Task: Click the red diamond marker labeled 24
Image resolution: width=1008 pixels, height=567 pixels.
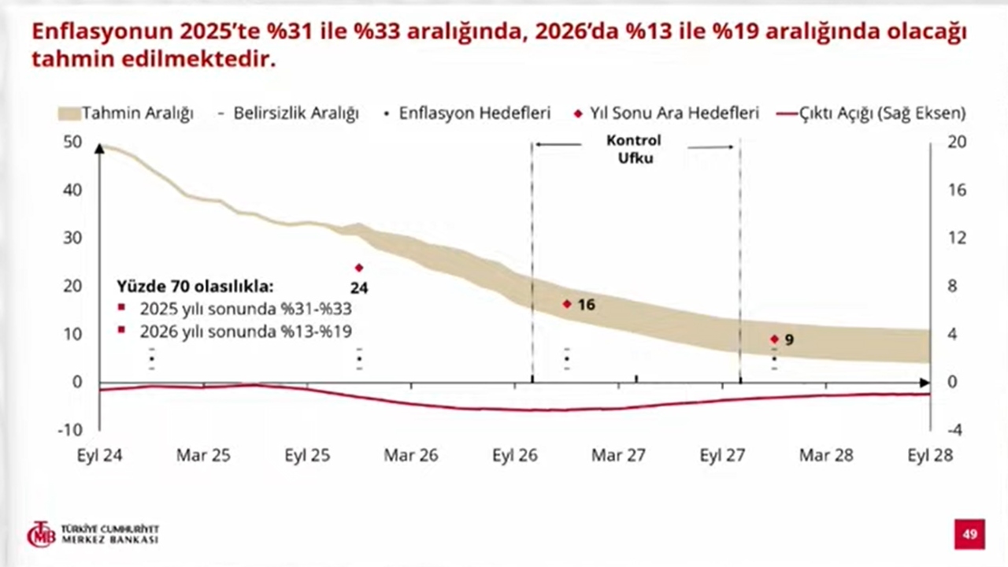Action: click(359, 268)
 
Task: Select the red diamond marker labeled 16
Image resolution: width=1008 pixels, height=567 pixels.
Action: click(566, 304)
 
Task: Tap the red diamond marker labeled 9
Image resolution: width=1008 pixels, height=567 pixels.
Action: click(774, 339)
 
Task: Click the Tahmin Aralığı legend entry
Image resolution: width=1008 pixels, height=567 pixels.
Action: click(126, 113)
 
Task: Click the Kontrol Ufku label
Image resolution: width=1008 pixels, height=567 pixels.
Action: click(634, 149)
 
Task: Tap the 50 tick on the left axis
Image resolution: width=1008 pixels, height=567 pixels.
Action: click(72, 143)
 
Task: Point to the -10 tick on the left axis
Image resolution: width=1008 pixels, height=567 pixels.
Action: click(71, 430)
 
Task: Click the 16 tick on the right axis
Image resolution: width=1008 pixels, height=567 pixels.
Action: click(955, 191)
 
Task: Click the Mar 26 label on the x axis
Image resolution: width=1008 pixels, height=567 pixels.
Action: click(410, 456)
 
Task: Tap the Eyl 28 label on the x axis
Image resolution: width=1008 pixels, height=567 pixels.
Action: click(930, 456)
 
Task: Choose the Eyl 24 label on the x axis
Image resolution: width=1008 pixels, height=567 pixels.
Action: click(98, 456)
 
